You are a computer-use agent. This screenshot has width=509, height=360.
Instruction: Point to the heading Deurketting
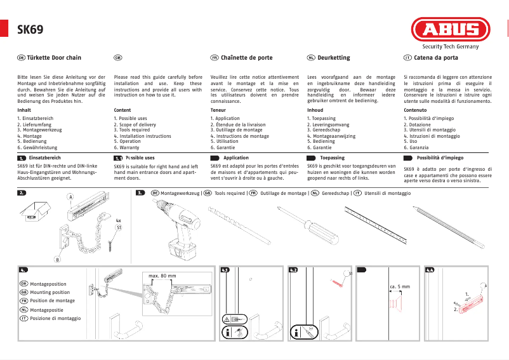(x=333, y=58)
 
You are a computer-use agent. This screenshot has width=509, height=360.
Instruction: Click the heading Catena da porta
(x=435, y=58)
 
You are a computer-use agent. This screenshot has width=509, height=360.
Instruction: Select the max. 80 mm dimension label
(x=162, y=276)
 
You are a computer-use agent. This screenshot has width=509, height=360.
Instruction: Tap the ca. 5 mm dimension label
(x=399, y=287)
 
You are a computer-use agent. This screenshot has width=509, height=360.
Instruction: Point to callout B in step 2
(x=58, y=260)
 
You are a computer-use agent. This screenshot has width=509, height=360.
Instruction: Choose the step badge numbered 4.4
(x=430, y=270)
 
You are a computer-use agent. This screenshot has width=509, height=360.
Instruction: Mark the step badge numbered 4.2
(x=293, y=270)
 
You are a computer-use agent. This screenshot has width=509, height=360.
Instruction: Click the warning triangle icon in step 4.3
(x=227, y=319)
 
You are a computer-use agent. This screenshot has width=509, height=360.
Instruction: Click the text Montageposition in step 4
(x=48, y=284)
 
